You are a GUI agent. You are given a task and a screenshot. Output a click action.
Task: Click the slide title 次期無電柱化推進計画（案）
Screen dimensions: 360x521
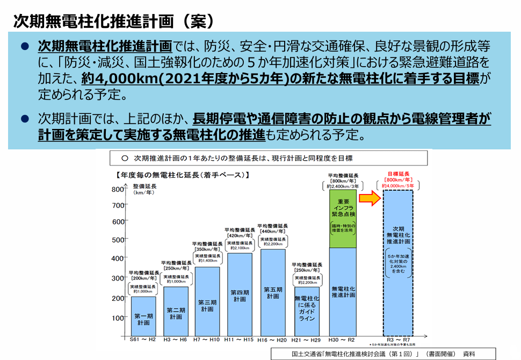[x=113, y=21]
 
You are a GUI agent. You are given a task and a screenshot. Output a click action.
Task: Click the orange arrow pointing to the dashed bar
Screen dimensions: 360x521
[x=369, y=199]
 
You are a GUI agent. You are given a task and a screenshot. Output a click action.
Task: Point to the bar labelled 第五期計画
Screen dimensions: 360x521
[x=273, y=293]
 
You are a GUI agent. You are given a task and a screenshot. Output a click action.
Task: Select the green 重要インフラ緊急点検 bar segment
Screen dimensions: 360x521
[x=343, y=218]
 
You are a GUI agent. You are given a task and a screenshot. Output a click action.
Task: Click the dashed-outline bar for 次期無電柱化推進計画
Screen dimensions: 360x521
[x=397, y=263]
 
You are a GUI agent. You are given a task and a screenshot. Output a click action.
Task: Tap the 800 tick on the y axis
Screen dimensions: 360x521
[x=118, y=189]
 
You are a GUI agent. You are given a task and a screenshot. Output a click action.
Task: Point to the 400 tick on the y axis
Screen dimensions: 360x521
[x=118, y=258]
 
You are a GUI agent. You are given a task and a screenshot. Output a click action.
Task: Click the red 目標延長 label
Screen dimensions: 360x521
[x=399, y=174]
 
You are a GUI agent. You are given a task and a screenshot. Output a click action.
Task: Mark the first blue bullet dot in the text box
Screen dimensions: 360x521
[x=24, y=47]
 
